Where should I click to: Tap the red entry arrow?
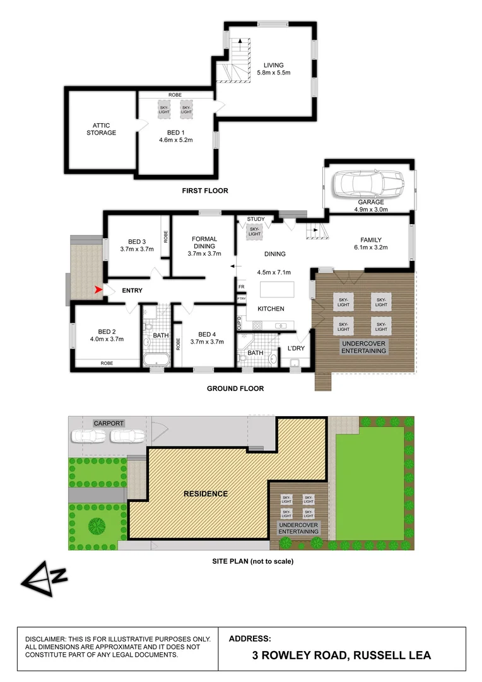pyautogui.click(x=98, y=290)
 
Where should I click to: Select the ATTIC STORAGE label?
pyautogui.click(x=101, y=129)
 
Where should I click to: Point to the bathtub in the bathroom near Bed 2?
pyautogui.click(x=155, y=360)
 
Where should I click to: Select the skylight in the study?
pyautogui.click(x=254, y=232)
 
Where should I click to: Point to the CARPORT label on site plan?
pyautogui.click(x=109, y=423)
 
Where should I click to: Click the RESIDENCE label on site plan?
pyautogui.click(x=206, y=493)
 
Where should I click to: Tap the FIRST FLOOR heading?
pyautogui.click(x=205, y=190)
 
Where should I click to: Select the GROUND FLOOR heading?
pyautogui.click(x=235, y=388)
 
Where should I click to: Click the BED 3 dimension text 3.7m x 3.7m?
pyautogui.click(x=137, y=250)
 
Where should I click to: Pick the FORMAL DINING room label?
pyautogui.click(x=204, y=243)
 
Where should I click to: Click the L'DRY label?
pyautogui.click(x=296, y=349)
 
